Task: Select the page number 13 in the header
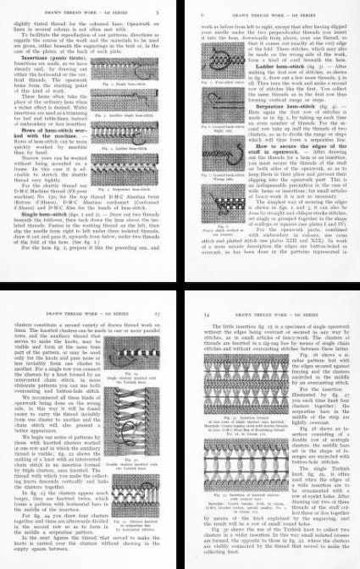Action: (x=169, y=293)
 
